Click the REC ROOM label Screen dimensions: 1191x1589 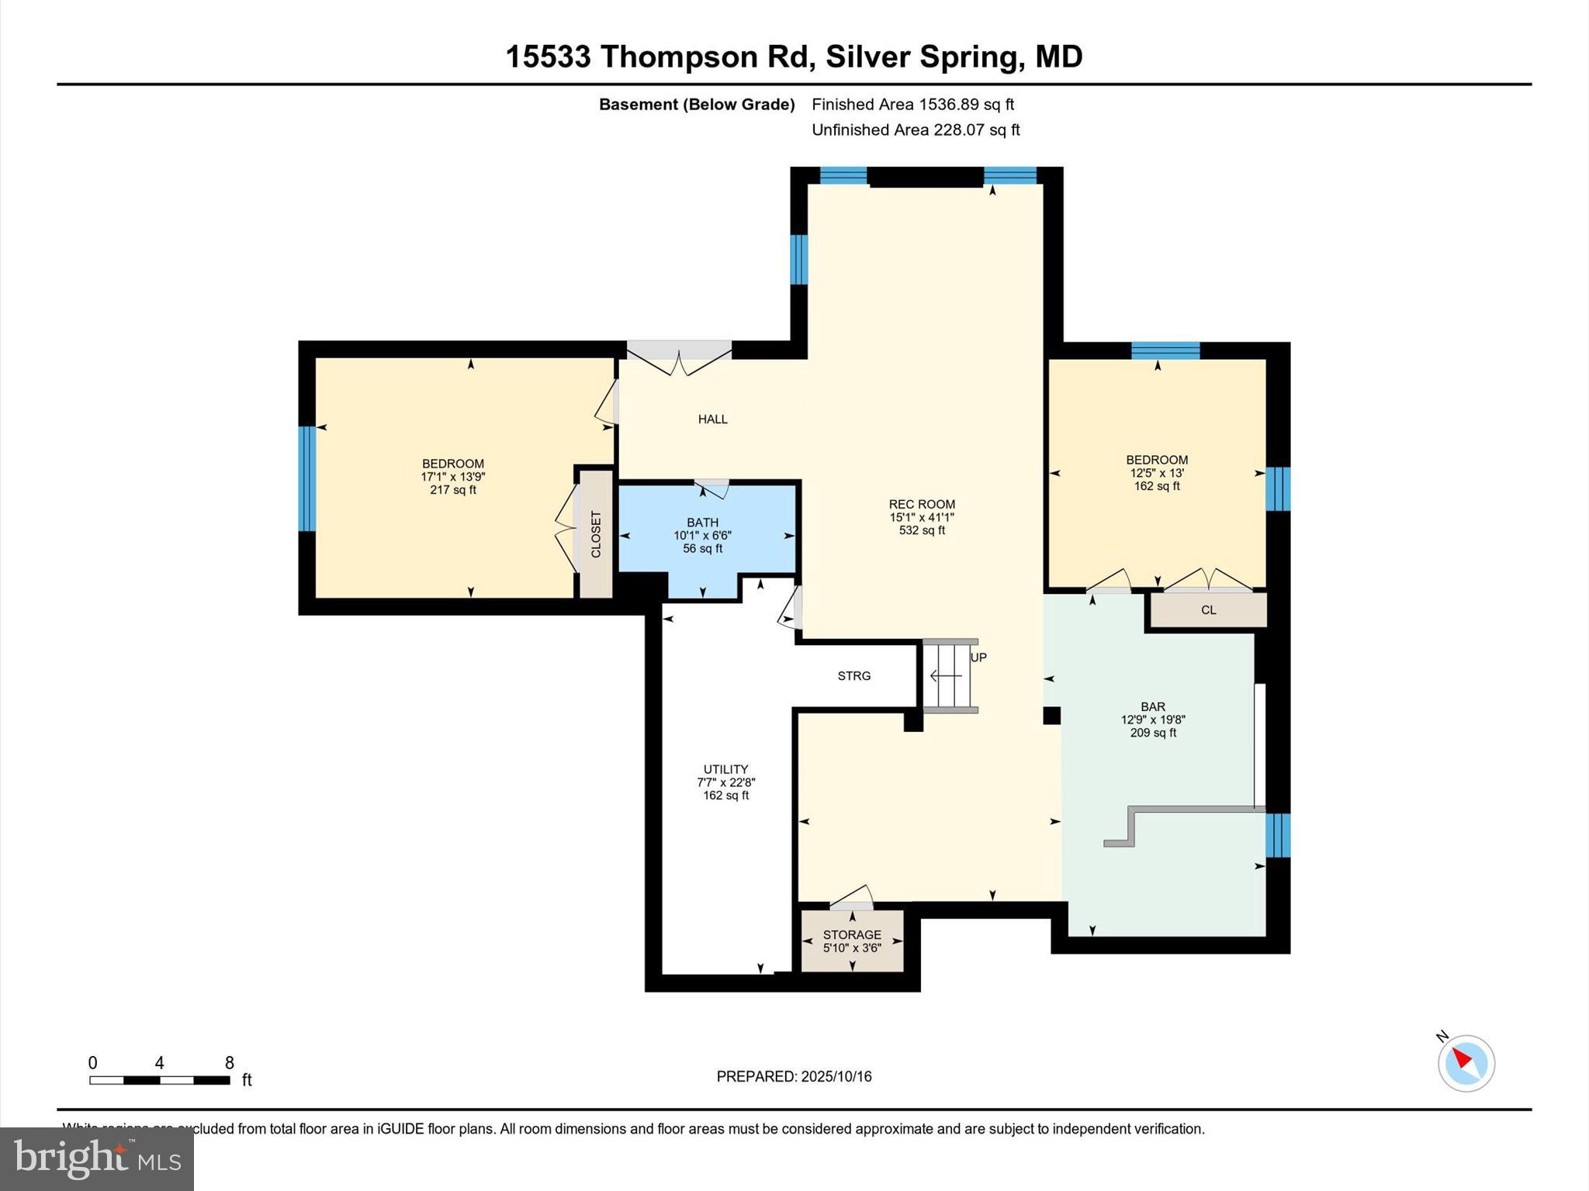point(922,504)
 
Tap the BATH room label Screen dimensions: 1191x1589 point(702,523)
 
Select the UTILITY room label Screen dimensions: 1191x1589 point(725,769)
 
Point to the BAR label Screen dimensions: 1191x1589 point(1153,706)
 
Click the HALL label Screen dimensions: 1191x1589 point(712,419)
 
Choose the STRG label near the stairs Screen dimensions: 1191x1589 point(853,676)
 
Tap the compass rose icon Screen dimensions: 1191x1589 point(1466,1063)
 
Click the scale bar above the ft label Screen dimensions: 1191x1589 point(159,1080)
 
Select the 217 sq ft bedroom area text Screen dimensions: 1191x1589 point(453,490)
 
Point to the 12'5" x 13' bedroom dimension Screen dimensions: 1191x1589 point(1157,473)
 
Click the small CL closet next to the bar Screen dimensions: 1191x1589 point(1208,610)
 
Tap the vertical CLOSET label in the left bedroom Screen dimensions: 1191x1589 point(596,534)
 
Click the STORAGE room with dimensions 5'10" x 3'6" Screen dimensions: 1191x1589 point(852,941)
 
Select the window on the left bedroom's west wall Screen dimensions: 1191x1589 point(307,478)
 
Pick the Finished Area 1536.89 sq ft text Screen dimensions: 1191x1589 point(912,105)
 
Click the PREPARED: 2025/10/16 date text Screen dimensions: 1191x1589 point(794,1076)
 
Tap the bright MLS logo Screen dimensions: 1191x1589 point(97,1158)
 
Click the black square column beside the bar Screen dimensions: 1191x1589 point(1051,715)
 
